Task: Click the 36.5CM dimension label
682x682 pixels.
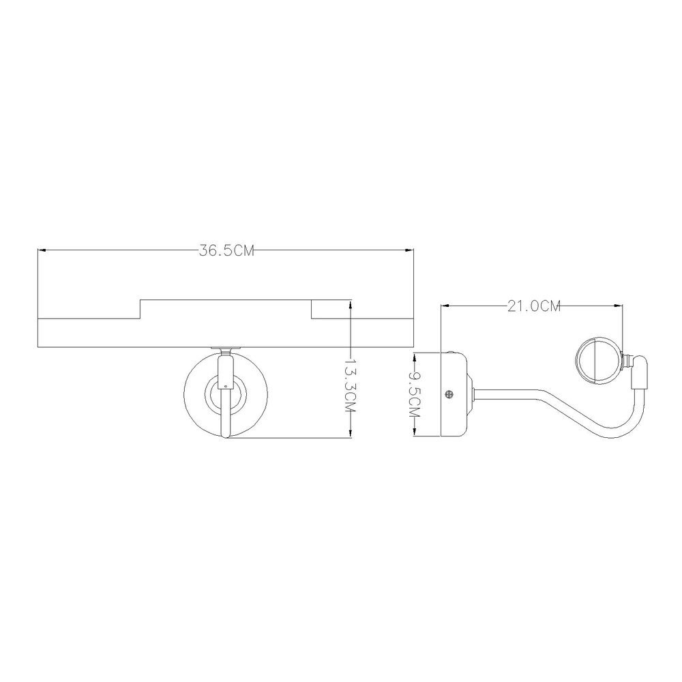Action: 226,250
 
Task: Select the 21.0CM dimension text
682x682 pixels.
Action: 534,306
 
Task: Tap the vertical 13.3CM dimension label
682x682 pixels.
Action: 350,384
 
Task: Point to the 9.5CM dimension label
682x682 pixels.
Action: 415,394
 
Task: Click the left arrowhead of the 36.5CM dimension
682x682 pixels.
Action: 42,250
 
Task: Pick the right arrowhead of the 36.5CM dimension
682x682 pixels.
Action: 409,250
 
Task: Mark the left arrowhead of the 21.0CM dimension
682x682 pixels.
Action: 445,306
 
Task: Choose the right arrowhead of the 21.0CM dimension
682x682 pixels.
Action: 618,306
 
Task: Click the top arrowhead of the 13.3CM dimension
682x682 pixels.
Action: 350,304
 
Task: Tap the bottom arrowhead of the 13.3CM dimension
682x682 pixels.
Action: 350,433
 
